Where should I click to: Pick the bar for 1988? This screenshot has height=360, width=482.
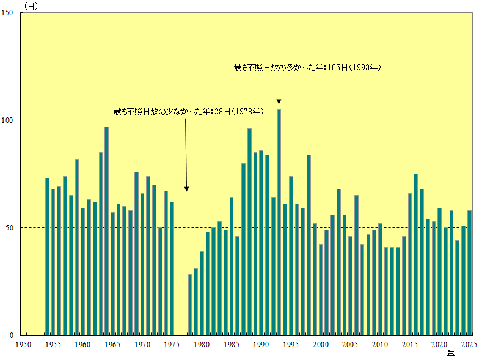pos(249,232)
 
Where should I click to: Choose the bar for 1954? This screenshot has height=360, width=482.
pos(47,256)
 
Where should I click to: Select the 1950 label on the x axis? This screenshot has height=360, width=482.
pos(23,345)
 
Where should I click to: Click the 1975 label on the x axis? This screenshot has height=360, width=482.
pos(172,345)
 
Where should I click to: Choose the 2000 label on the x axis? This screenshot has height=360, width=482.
pos(321,345)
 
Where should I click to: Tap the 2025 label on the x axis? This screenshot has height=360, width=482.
pos(469,345)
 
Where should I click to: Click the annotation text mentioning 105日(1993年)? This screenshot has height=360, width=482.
pos(307,67)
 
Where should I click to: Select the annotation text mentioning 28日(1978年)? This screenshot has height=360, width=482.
pos(188,111)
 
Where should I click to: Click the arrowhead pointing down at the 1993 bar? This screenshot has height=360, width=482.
pos(279,101)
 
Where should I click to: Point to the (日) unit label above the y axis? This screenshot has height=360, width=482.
pos(31,6)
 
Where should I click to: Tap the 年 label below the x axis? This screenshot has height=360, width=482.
pos(450,354)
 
